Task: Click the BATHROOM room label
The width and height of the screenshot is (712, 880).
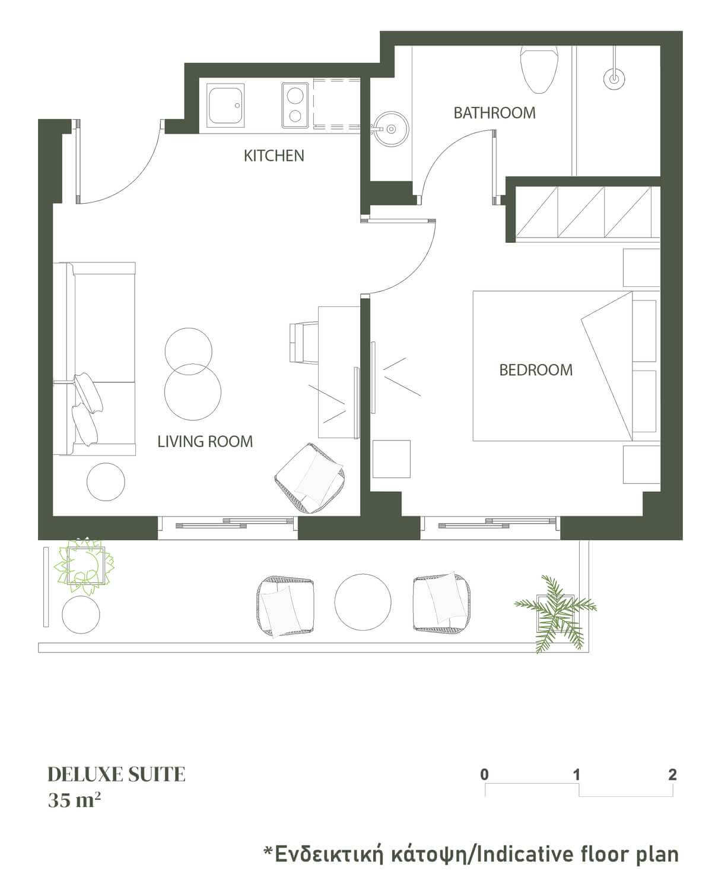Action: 494,113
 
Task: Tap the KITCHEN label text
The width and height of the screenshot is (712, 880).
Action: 274,156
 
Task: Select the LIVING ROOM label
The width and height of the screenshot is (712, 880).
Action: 205,442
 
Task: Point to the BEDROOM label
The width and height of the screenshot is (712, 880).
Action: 536,370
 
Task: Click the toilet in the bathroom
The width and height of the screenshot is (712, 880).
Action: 539,69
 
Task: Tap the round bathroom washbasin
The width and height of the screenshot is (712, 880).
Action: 391,128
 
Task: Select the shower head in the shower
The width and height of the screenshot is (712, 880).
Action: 614,78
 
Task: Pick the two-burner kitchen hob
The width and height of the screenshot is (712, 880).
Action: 295,105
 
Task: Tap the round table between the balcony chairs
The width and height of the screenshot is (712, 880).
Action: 363,602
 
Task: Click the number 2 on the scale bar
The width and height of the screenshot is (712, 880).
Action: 672,774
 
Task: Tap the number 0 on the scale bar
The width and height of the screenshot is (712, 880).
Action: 485,774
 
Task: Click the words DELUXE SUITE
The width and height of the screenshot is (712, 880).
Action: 116,774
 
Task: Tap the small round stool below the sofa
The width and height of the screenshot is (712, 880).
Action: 106,482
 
